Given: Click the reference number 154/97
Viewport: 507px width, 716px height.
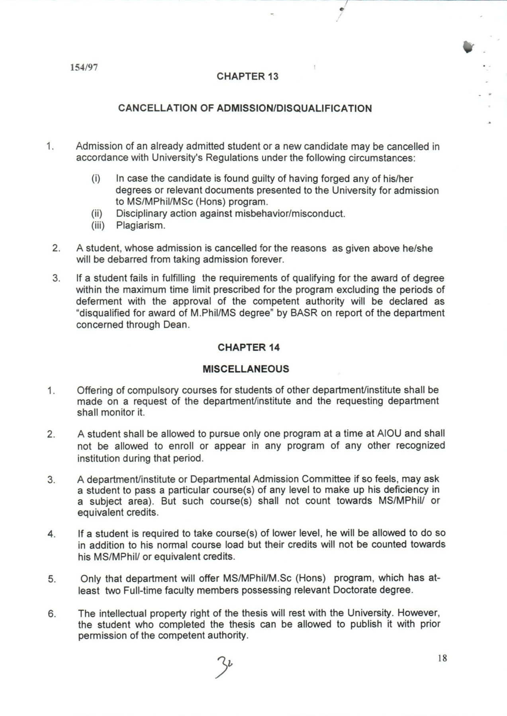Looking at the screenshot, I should click(x=84, y=67).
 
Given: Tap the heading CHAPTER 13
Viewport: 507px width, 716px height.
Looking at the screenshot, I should click(x=247, y=76).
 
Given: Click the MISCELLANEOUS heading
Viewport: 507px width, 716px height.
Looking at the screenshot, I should click(x=246, y=369).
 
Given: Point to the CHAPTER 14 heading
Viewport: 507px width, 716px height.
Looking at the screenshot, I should click(x=249, y=348).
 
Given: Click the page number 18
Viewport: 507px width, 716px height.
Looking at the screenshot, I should click(x=442, y=658).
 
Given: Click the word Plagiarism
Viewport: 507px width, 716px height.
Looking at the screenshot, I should click(x=141, y=225).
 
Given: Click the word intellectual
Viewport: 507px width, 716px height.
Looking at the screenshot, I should click(x=128, y=613).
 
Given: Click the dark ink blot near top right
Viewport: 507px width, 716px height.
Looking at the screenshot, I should click(x=468, y=47).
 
